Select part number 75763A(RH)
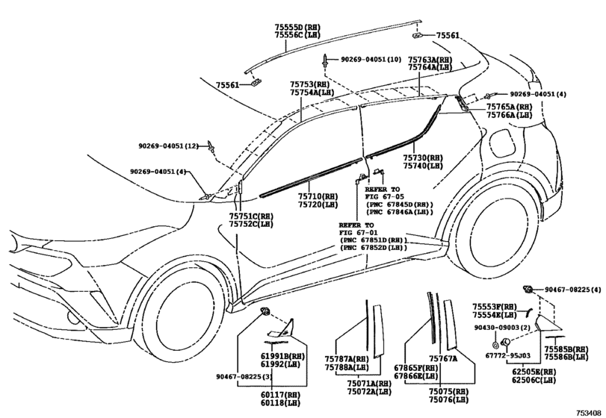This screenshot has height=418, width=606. click(x=430, y=58)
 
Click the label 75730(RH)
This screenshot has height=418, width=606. click(x=423, y=158)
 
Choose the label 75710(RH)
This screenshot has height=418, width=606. click(x=318, y=195)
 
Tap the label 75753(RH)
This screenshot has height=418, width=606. click(x=310, y=84)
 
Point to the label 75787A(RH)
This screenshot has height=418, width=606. click(x=347, y=358)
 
